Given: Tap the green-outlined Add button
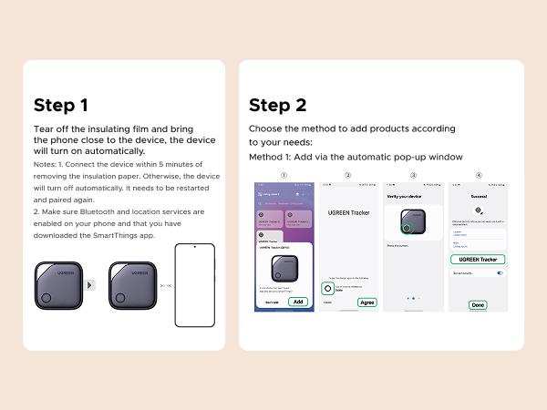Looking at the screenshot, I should (x=298, y=302).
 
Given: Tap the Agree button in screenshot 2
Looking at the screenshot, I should (x=366, y=302).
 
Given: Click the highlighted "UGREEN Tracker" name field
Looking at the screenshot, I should (x=476, y=259).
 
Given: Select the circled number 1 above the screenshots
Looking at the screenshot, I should (x=284, y=175).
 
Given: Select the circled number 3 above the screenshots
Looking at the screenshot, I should (x=413, y=175).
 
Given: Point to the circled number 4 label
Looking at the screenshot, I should (x=479, y=175).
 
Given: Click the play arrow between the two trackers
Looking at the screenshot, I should (x=89, y=285).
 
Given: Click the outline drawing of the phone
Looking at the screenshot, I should (x=196, y=285).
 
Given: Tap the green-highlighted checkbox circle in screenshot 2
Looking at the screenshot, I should (x=327, y=288).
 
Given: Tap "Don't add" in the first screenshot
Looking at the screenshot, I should (x=271, y=302).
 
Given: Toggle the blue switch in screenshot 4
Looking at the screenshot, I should (x=500, y=272).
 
